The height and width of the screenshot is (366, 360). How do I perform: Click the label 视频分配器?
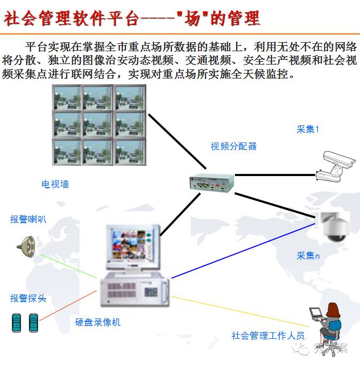233,146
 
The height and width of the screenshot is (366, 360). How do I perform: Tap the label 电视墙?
55,184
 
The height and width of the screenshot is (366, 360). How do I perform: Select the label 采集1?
308,129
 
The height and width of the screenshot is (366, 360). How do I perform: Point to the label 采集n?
308,256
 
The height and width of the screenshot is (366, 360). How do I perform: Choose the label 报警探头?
28,298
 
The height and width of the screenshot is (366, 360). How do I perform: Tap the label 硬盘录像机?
98,322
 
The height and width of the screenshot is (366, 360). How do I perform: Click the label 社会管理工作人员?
268,336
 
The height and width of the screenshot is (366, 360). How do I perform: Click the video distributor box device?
212,183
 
